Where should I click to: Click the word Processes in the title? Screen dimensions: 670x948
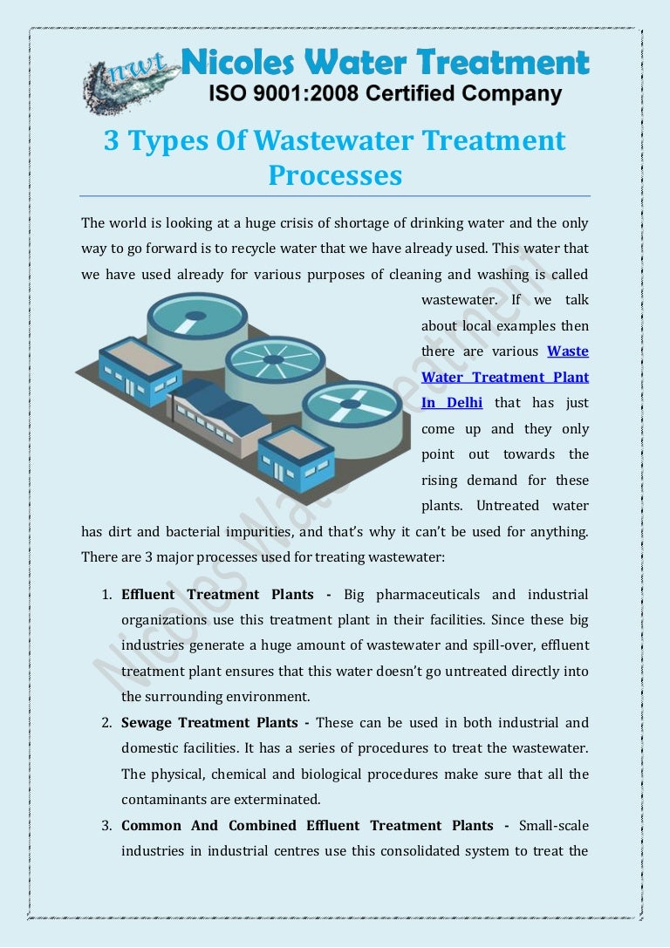[x=335, y=175]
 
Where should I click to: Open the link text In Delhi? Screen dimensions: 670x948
[x=452, y=403]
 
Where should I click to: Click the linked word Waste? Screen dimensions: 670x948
[x=568, y=351]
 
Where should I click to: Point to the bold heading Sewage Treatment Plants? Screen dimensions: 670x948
[x=209, y=722]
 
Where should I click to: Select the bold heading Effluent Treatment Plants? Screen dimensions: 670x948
[x=217, y=594]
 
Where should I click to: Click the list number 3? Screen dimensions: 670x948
[x=107, y=826]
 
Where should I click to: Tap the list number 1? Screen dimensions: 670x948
[x=107, y=595]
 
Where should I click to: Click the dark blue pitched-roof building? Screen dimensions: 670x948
[x=219, y=417]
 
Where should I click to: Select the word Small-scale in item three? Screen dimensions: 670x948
[x=554, y=825]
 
